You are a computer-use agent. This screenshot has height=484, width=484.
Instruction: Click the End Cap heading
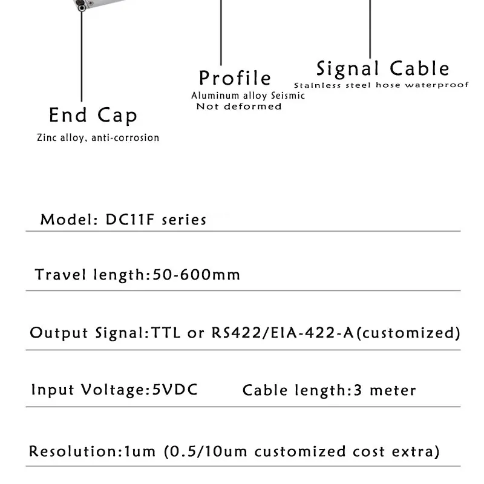(x=93, y=115)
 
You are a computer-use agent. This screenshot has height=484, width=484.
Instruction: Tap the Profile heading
(x=235, y=78)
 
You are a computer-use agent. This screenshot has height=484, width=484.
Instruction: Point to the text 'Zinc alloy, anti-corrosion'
(x=98, y=138)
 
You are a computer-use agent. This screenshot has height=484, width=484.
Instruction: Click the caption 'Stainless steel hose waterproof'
(x=381, y=85)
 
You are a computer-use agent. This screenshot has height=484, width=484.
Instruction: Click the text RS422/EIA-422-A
(x=283, y=333)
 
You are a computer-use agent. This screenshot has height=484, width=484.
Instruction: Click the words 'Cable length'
(x=294, y=390)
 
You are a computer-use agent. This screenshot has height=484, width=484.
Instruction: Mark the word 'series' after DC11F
(x=184, y=220)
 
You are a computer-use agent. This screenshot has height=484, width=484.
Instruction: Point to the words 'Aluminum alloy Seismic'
(x=248, y=96)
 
